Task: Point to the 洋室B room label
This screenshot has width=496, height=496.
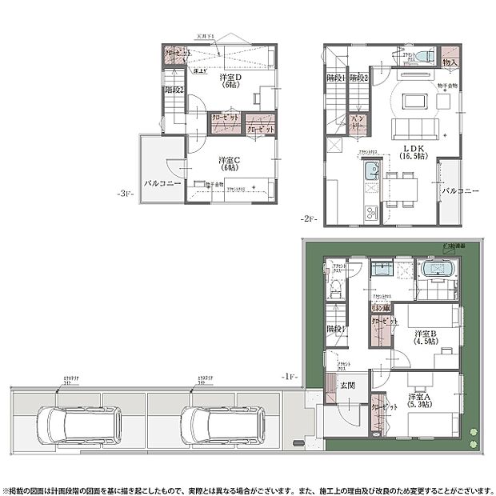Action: (424, 334)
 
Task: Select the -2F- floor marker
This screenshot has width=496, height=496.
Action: (310, 218)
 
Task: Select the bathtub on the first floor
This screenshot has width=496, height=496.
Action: (437, 270)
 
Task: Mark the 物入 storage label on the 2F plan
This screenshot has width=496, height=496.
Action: (450, 62)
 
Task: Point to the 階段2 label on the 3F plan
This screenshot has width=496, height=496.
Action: (174, 90)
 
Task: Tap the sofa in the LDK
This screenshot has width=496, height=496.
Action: (412, 128)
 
